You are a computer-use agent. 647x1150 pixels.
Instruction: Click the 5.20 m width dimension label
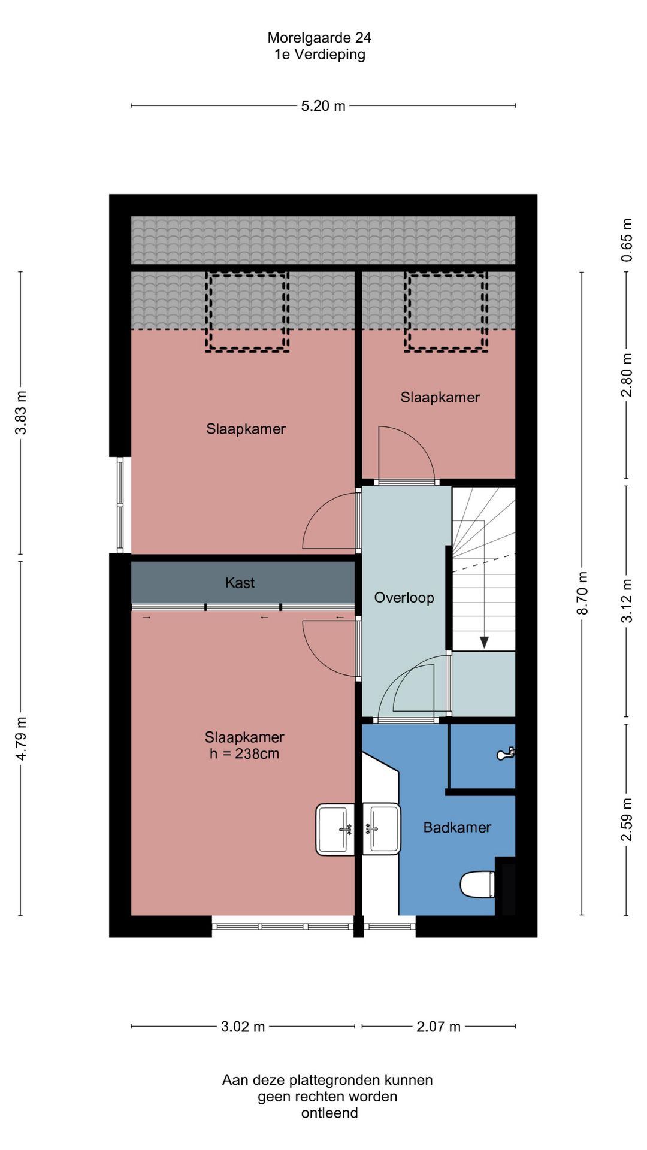click(323, 106)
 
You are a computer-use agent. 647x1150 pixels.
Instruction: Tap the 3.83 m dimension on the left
click(21, 413)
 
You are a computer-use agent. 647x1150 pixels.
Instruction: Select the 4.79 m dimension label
click(21, 739)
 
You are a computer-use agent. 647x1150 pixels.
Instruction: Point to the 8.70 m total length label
click(582, 593)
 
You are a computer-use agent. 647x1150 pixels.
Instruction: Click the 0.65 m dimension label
click(627, 240)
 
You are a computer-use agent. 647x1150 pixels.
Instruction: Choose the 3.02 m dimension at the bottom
click(243, 1026)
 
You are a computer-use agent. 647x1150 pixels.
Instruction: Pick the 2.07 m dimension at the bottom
click(439, 1026)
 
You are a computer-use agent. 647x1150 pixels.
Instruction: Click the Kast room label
click(240, 582)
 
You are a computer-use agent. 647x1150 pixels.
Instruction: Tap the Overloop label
click(404, 597)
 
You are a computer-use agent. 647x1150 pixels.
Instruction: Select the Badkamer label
click(457, 827)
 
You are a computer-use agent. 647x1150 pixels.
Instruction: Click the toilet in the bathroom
click(477, 885)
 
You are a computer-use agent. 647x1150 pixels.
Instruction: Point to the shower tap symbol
click(506, 753)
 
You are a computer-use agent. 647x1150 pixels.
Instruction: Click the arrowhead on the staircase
click(484, 643)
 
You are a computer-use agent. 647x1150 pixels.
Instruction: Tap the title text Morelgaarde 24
click(319, 38)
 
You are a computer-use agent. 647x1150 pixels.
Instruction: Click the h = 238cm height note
click(244, 753)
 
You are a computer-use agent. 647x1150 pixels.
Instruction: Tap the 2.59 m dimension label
click(627, 819)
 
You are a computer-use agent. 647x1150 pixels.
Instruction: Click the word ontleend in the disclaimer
click(329, 1113)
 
